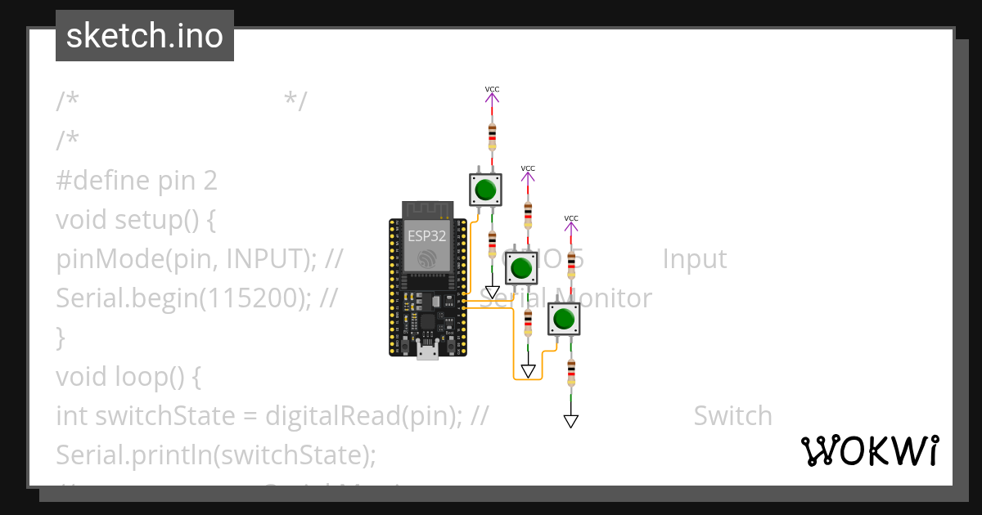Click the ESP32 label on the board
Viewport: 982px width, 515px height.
coord(426,236)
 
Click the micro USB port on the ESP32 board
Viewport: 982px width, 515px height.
coord(426,352)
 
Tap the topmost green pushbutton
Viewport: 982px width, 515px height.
coord(485,190)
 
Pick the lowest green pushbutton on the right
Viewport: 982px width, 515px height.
coord(562,318)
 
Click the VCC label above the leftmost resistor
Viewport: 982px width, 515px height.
coord(492,89)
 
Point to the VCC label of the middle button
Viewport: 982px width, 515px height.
coord(528,168)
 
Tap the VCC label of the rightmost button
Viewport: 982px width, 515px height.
coord(571,218)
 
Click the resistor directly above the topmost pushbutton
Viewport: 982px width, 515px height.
coord(492,137)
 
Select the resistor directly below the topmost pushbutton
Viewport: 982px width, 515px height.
coord(492,243)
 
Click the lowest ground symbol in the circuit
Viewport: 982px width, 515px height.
coord(571,421)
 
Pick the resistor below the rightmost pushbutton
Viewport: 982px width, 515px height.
coord(571,372)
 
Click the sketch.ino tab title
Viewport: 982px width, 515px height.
coord(145,36)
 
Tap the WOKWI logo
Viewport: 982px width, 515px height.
coord(869,450)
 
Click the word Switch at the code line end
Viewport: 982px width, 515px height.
coord(732,415)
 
